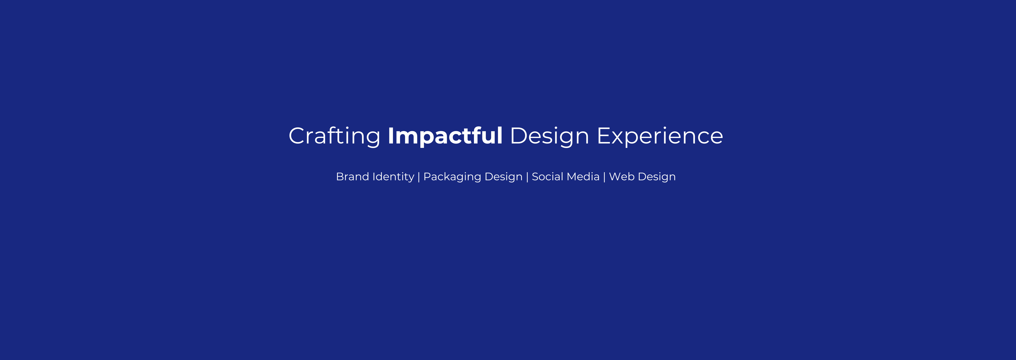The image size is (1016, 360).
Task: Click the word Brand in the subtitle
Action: coord(352,177)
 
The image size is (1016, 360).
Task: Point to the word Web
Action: coord(621,177)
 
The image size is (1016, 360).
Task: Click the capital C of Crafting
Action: coord(297,136)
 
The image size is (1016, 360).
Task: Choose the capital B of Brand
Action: coord(340,177)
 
